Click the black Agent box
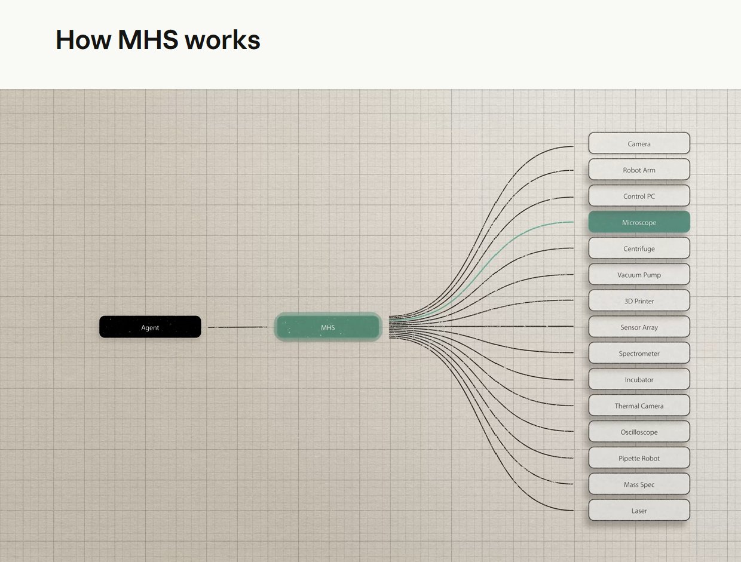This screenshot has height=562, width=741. pyautogui.click(x=150, y=327)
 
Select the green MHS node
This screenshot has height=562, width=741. pyautogui.click(x=328, y=327)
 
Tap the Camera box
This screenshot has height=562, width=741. pyautogui.click(x=639, y=143)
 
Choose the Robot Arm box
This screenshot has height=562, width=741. pyautogui.click(x=639, y=170)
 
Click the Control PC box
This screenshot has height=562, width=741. pyautogui.click(x=639, y=196)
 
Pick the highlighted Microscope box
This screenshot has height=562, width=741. pyautogui.click(x=639, y=222)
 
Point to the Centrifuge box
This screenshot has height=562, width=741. pyautogui.click(x=639, y=248)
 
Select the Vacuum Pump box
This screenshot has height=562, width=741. pyautogui.click(x=639, y=275)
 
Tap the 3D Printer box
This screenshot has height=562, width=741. pyautogui.click(x=639, y=300)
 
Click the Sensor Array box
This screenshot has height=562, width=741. pyautogui.click(x=639, y=327)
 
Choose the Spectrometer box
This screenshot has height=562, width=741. pyautogui.click(x=639, y=353)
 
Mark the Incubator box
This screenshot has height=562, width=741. pyautogui.click(x=639, y=379)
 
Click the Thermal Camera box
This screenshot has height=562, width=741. pyautogui.click(x=639, y=406)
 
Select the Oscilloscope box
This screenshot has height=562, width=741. pyautogui.click(x=639, y=432)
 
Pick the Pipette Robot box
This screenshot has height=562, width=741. pyautogui.click(x=639, y=457)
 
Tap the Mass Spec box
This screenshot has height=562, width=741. pyautogui.click(x=639, y=484)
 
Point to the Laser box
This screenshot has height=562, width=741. pyautogui.click(x=639, y=511)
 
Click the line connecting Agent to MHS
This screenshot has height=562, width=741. pyautogui.click(x=237, y=327)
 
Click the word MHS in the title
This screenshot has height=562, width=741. pyautogui.click(x=148, y=40)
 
